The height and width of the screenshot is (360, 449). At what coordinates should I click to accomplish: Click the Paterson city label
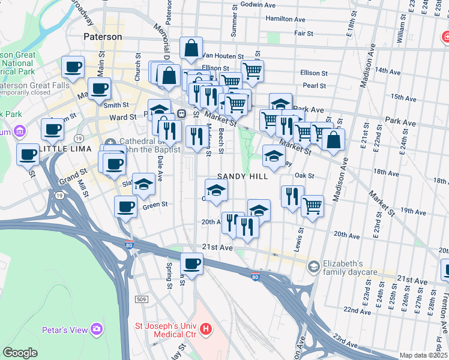(x=103, y=37)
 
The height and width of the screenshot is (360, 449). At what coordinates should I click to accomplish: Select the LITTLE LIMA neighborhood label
(x=63, y=148)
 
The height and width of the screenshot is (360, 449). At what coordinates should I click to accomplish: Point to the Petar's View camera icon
(x=97, y=329)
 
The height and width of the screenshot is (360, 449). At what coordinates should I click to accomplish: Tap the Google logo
(x=20, y=353)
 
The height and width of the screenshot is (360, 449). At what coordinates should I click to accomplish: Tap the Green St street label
(x=155, y=205)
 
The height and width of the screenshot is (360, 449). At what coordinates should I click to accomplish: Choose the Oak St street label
(x=305, y=175)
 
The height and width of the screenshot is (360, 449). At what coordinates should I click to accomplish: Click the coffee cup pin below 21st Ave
(x=192, y=263)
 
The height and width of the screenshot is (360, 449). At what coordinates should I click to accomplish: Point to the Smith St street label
(x=116, y=104)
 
